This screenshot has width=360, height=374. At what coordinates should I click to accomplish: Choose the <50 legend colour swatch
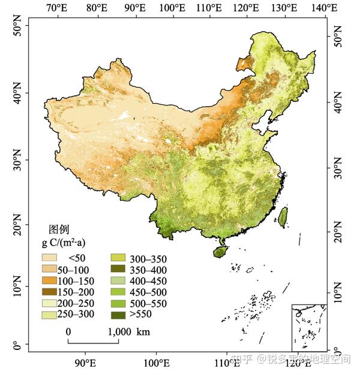[50, 258]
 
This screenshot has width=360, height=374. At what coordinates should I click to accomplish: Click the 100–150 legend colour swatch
[50, 280]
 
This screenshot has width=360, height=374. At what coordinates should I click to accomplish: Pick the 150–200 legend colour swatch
[50, 292]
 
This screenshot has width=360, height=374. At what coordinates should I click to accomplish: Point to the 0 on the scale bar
[68, 331]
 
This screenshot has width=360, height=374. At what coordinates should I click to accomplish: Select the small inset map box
[308, 327]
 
